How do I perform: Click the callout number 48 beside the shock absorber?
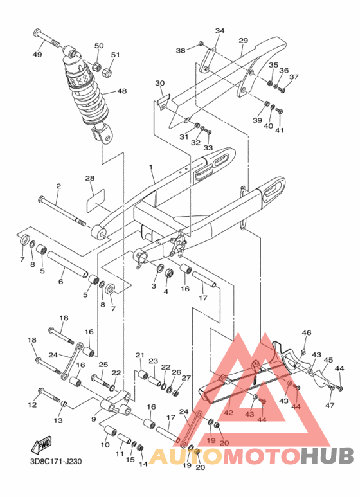coord(121,91)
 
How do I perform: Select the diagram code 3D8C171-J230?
coord(55,460)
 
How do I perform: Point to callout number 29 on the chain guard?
coord(243,41)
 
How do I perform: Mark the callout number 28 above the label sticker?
coord(90,178)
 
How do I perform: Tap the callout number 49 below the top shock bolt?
coord(37,55)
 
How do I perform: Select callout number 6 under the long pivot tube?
coord(61,281)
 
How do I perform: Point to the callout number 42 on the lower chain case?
coord(228,413)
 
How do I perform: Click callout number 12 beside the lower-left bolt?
coord(32,405)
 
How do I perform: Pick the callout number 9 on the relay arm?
coord(94,419)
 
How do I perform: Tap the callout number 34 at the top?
coord(220,31)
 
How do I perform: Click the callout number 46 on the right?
coord(307,332)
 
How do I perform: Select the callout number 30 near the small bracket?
coord(159,83)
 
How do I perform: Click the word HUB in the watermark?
coord(328,456)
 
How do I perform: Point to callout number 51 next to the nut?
coord(115,55)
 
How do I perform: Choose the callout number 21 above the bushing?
coord(139,355)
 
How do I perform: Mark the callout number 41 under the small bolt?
coord(279,131)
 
